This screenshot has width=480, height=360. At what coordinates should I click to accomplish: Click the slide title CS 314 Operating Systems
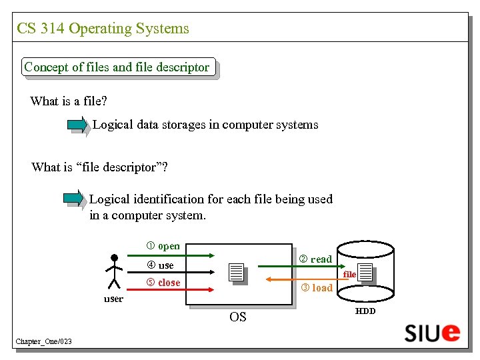(103, 29)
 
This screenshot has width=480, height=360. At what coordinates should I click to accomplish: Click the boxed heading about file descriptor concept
(117, 67)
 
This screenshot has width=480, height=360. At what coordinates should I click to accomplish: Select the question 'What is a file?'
(69, 101)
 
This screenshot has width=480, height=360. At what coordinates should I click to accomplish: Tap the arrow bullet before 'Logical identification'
(73, 198)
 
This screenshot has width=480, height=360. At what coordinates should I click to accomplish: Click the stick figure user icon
(114, 272)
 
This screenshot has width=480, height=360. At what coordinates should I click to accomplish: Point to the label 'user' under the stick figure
(113, 299)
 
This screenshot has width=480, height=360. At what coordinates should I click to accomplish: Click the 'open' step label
(163, 246)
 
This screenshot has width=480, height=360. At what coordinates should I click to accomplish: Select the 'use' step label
(161, 265)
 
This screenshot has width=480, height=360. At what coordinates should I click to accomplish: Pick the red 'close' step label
(163, 283)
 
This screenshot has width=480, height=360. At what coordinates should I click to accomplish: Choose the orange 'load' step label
(317, 288)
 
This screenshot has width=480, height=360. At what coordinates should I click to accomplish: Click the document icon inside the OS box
(236, 273)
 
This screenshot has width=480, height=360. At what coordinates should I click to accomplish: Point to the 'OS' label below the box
(238, 317)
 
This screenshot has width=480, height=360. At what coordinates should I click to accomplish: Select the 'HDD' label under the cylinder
(365, 311)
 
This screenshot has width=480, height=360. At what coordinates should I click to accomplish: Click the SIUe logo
(431, 332)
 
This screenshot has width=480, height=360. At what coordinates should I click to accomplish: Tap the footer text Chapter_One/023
(44, 342)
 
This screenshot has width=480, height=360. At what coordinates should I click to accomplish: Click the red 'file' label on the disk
(349, 274)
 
